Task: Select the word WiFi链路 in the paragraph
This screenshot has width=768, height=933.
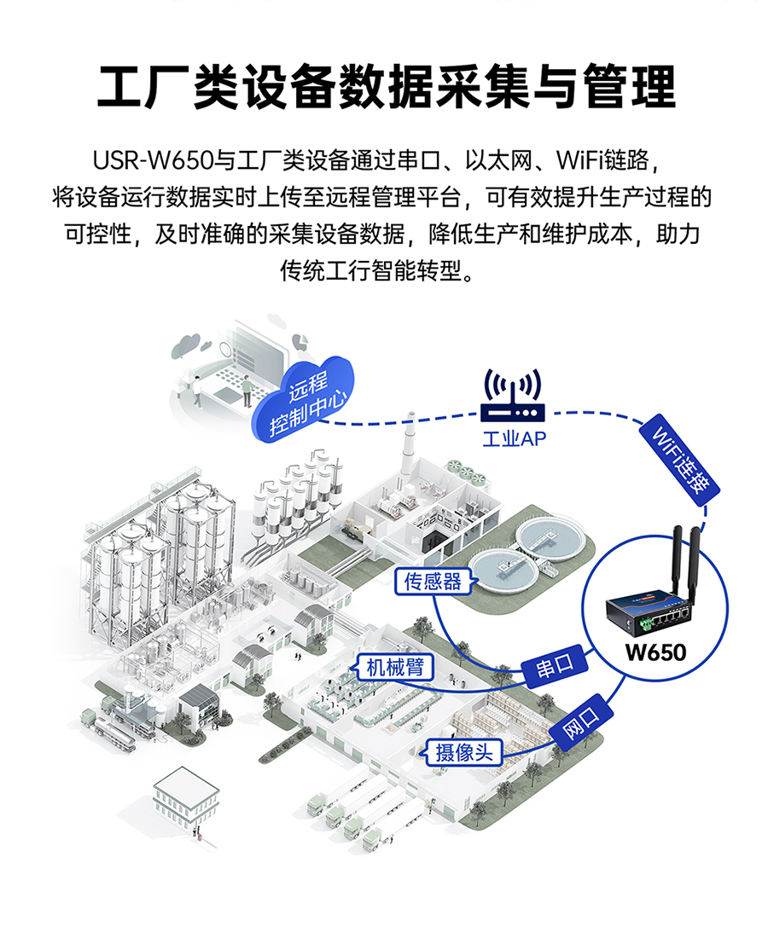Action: pyautogui.click(x=603, y=160)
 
